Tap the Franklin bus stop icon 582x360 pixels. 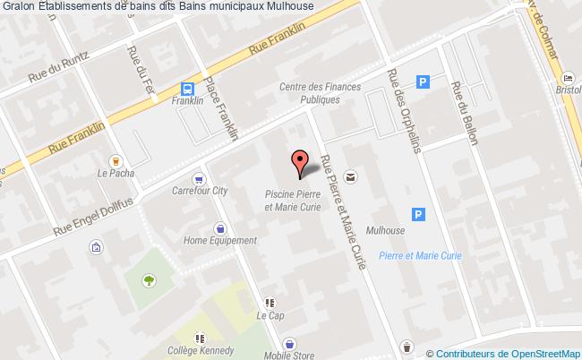pyautogui.click(x=188, y=89)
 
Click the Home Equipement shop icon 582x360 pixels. pyautogui.click(x=219, y=227)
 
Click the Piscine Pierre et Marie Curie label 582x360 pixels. pyautogui.click(x=292, y=200)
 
